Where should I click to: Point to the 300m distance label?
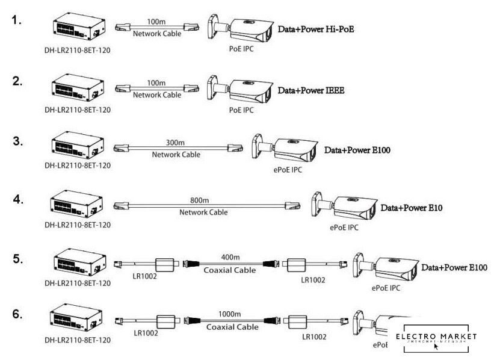pos(175,144)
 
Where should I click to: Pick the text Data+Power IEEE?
pos(310,90)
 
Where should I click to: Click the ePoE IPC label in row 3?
pos(287,170)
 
